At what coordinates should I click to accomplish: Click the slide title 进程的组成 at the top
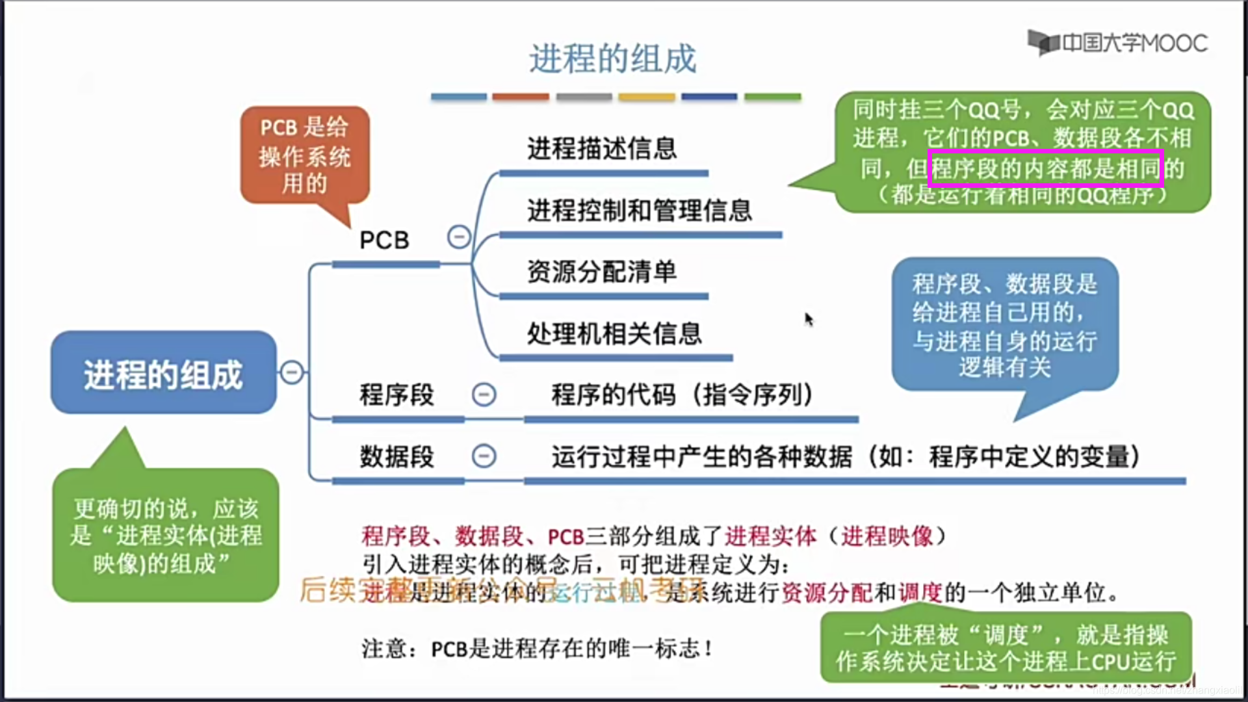[612, 58]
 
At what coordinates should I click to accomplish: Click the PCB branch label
[384, 240]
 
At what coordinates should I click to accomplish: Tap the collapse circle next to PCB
[459, 237]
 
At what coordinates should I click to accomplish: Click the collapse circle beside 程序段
[484, 394]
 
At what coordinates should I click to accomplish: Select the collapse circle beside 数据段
[484, 456]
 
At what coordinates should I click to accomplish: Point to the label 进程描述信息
[602, 148]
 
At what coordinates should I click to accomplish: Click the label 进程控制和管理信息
[640, 210]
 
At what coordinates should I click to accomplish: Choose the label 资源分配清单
[602, 272]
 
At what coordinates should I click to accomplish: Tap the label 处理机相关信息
[614, 333]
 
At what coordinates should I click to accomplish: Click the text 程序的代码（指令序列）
[682, 395]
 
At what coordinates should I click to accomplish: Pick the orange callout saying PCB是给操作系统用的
[305, 156]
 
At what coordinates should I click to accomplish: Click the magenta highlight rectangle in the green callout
[1045, 168]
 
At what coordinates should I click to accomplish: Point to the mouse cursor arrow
[808, 318]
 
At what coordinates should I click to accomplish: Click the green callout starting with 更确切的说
[166, 535]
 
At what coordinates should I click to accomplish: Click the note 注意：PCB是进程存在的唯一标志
[537, 648]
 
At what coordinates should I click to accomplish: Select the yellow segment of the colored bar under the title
[646, 97]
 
